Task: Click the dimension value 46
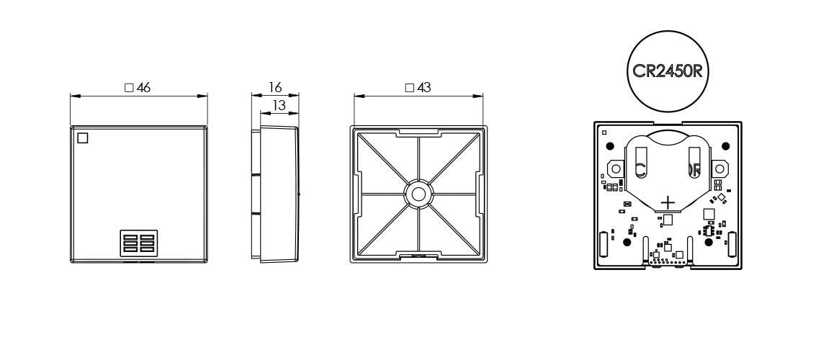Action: pyautogui.click(x=144, y=87)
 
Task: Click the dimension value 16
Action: pyautogui.click(x=274, y=87)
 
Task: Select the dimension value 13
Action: pyautogui.click(x=274, y=105)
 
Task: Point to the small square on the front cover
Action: pyautogui.click(x=82, y=138)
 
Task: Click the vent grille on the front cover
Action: pyautogui.click(x=138, y=244)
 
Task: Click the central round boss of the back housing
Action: pyautogui.click(x=417, y=193)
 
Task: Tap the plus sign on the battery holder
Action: pyautogui.click(x=668, y=203)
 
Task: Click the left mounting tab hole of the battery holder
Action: pyautogui.click(x=614, y=168)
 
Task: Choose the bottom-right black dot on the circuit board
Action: pyautogui.click(x=709, y=243)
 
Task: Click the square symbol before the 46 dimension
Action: pyautogui.click(x=129, y=87)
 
